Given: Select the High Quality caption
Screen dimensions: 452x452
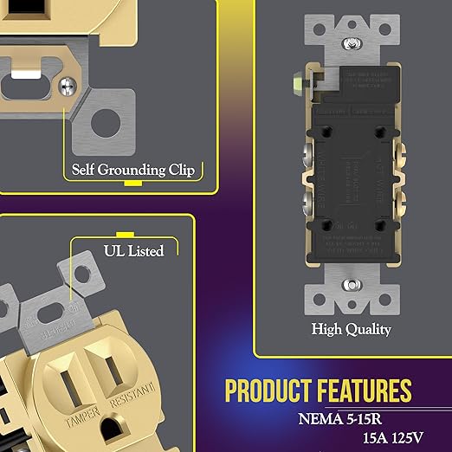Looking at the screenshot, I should pos(352,329).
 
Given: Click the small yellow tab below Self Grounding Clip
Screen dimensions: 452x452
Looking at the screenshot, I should pos(132,184).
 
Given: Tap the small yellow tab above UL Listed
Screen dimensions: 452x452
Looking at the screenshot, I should pos(124,235).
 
